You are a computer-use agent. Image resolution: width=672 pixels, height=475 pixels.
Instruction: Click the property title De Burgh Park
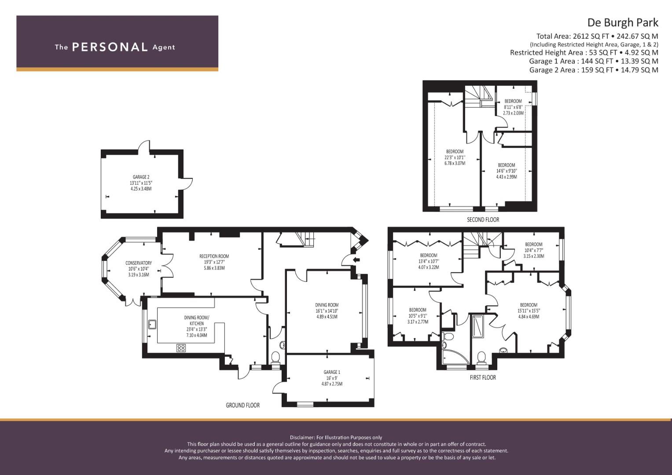click(623, 22)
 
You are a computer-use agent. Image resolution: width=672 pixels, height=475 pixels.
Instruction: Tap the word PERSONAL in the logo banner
click(110, 47)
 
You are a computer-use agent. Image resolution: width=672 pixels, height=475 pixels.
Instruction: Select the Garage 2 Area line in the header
click(593, 70)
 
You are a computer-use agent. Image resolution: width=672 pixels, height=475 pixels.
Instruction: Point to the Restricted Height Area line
click(584, 52)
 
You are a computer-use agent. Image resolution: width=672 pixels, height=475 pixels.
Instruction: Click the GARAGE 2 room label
click(141, 177)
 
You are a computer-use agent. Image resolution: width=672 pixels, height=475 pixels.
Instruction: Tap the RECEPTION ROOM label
click(214, 256)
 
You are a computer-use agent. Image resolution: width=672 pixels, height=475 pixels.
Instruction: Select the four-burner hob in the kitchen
click(181, 348)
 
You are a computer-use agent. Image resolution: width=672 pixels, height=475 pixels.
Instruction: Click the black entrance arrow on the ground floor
click(356, 259)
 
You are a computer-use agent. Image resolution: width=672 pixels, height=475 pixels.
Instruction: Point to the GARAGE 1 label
click(332, 372)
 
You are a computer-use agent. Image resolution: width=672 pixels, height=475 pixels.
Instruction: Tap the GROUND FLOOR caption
click(242, 405)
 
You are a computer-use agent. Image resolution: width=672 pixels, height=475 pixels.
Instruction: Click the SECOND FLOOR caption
click(483, 219)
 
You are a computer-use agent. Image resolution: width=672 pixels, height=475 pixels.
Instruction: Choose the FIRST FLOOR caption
click(483, 377)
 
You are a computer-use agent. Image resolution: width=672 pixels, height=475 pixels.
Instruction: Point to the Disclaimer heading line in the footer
click(336, 437)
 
